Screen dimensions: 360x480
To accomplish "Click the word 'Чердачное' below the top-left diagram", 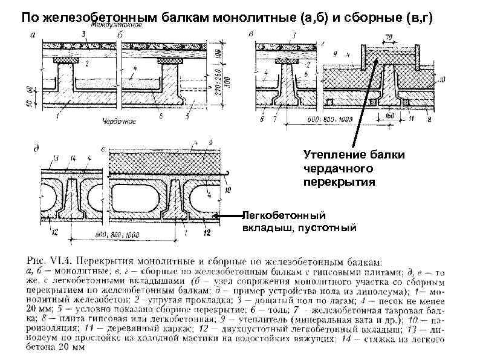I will point(119,119).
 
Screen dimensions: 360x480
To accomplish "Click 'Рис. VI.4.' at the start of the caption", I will point(51,254).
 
